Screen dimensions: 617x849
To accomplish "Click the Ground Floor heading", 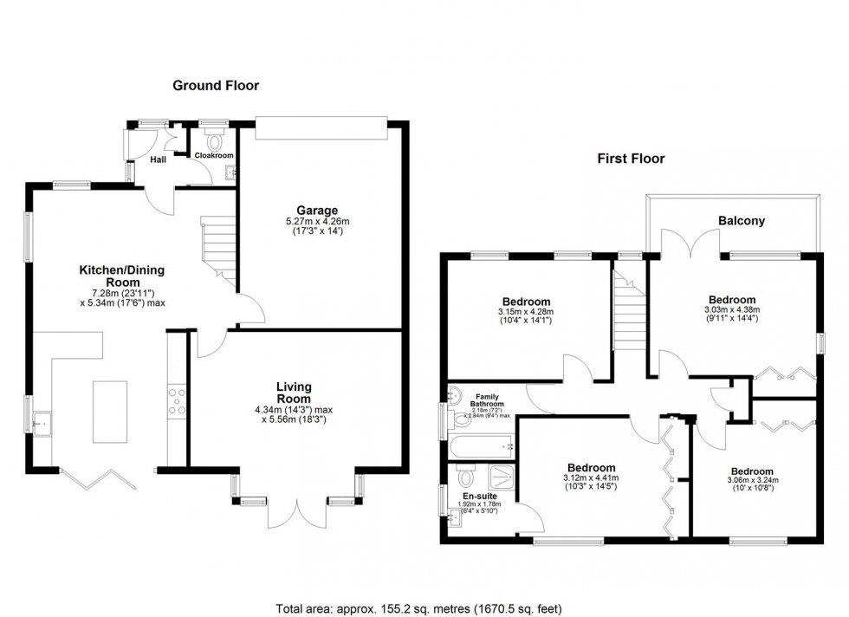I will click(216, 85).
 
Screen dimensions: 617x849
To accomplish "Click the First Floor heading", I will click(630, 159).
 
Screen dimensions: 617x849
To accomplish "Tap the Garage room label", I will click(317, 210).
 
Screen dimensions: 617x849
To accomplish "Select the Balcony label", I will click(741, 221).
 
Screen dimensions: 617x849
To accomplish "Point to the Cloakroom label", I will click(213, 156).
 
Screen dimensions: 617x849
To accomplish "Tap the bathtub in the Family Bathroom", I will click(481, 447).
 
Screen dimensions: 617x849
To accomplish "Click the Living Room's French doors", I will click(295, 511).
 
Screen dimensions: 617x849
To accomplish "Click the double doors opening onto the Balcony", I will click(690, 245).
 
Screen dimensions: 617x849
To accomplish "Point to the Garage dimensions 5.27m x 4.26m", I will click(317, 222).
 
